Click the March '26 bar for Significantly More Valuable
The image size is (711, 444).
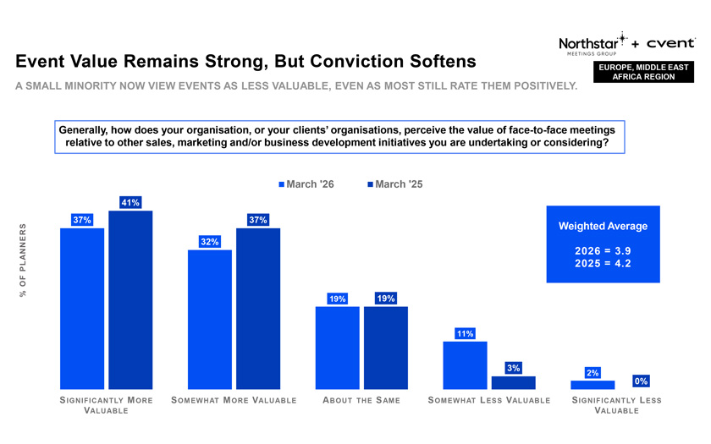[x=82, y=308]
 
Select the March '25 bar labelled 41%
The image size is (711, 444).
[x=130, y=299]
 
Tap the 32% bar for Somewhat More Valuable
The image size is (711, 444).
[x=210, y=319]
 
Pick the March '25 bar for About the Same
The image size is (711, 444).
[x=386, y=347]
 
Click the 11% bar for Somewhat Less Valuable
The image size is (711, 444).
[x=465, y=365]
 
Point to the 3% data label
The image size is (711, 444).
[x=513, y=368]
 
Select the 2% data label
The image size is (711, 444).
[x=592, y=373]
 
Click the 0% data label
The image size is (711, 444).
[x=641, y=381]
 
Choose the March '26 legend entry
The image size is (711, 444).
[x=306, y=184]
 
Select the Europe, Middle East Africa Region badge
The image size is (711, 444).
[x=644, y=72]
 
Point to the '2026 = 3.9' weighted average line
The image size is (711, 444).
[x=603, y=250]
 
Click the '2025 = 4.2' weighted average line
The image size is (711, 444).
[x=603, y=263]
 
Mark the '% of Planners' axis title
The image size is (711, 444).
[x=23, y=260]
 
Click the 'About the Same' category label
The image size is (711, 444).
[x=361, y=400]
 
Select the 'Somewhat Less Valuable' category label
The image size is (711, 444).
[x=488, y=400]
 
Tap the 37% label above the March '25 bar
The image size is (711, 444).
[x=258, y=220]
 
